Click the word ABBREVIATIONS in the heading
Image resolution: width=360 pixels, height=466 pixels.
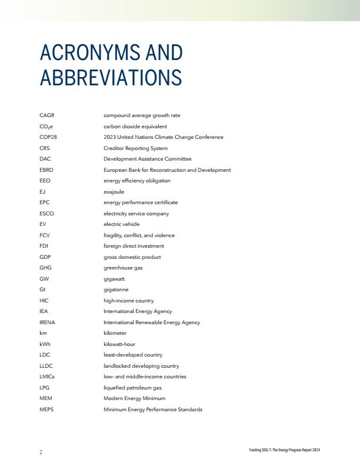(x=111, y=78)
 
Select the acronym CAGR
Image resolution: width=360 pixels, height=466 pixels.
(x=46, y=115)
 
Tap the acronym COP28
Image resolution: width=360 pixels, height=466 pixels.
(x=48, y=137)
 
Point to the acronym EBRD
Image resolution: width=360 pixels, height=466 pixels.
(x=46, y=170)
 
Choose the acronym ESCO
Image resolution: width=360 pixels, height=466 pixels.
(x=46, y=214)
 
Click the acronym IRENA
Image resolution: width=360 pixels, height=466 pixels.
(x=47, y=322)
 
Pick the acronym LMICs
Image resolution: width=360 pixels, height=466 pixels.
(x=47, y=377)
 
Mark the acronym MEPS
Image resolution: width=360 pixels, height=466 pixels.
(x=46, y=410)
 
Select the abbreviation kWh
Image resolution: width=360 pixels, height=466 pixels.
(x=45, y=344)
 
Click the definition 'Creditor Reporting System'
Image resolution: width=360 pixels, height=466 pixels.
(x=135, y=148)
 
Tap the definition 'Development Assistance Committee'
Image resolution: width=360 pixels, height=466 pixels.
(x=147, y=159)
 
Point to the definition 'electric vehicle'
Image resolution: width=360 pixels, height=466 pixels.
(x=121, y=224)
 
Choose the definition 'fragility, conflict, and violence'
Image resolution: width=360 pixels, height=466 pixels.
(x=139, y=235)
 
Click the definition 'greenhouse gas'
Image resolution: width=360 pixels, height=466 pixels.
(x=123, y=268)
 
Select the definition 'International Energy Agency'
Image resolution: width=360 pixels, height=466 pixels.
(x=138, y=311)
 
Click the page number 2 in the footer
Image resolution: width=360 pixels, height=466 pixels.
(x=41, y=452)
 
